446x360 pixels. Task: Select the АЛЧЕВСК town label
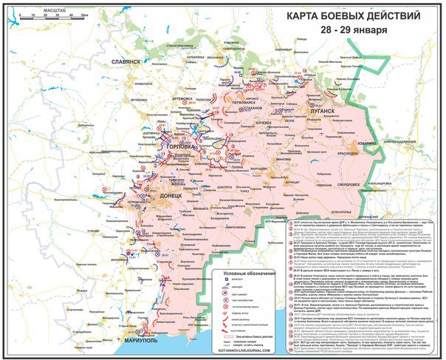[x=263, y=121]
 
